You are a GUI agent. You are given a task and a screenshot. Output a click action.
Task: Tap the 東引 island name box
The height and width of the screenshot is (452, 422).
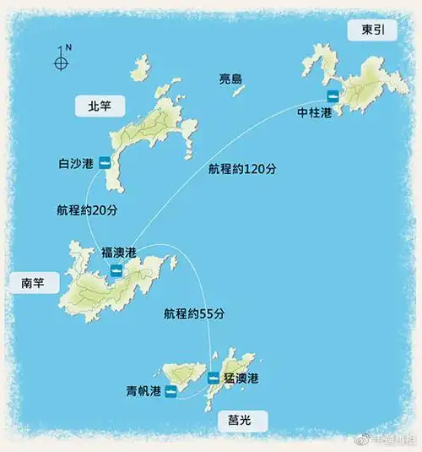click(370, 30)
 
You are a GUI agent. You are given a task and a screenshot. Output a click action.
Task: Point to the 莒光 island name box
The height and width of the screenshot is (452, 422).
click(241, 418)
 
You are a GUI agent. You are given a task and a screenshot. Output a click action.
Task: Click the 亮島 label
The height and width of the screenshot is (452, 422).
click(230, 79)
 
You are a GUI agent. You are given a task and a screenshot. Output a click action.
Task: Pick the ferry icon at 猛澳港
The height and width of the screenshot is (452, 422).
click(214, 378)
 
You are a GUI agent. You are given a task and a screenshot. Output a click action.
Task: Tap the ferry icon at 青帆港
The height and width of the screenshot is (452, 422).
click(171, 391)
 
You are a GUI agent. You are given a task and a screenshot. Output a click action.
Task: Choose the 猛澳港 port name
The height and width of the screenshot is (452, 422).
click(241, 378)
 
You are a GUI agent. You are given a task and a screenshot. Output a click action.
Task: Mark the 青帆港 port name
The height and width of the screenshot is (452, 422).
click(142, 391)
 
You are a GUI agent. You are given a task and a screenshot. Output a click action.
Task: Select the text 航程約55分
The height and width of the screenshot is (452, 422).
click(194, 313)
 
